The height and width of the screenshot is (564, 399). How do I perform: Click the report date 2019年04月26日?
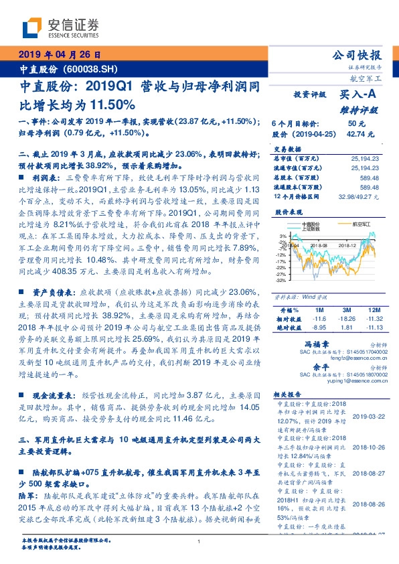pyautogui.click(x=59, y=56)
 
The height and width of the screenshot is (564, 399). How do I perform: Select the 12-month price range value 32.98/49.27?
pyautogui.click(x=360, y=198)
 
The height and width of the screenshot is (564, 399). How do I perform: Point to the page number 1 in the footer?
pyautogui.click(x=199, y=541)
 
